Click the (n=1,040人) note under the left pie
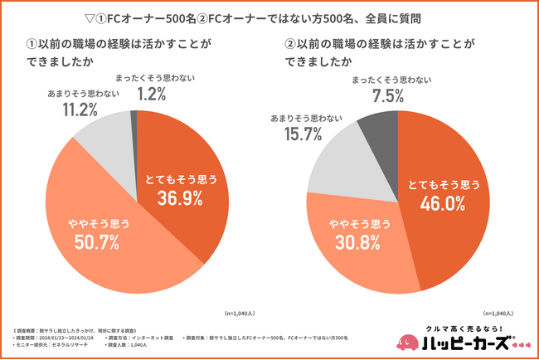[240, 314]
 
